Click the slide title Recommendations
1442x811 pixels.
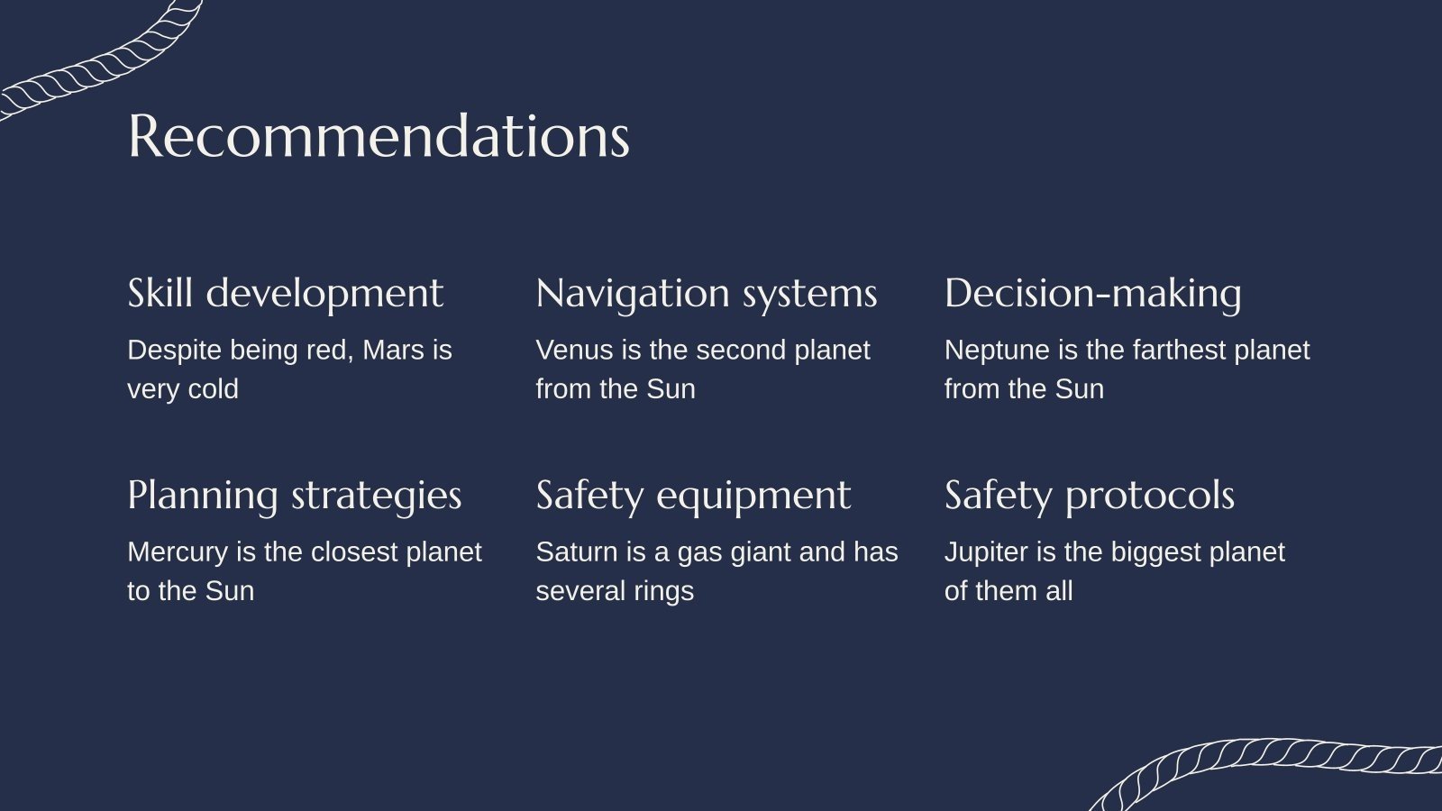(379, 137)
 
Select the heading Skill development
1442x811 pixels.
(285, 294)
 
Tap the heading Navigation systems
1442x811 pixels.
(706, 294)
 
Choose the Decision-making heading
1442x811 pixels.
(1092, 294)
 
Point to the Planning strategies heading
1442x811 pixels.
(294, 496)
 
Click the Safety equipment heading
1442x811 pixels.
(692, 496)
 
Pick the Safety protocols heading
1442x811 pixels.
(1089, 496)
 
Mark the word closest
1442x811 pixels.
(354, 551)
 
